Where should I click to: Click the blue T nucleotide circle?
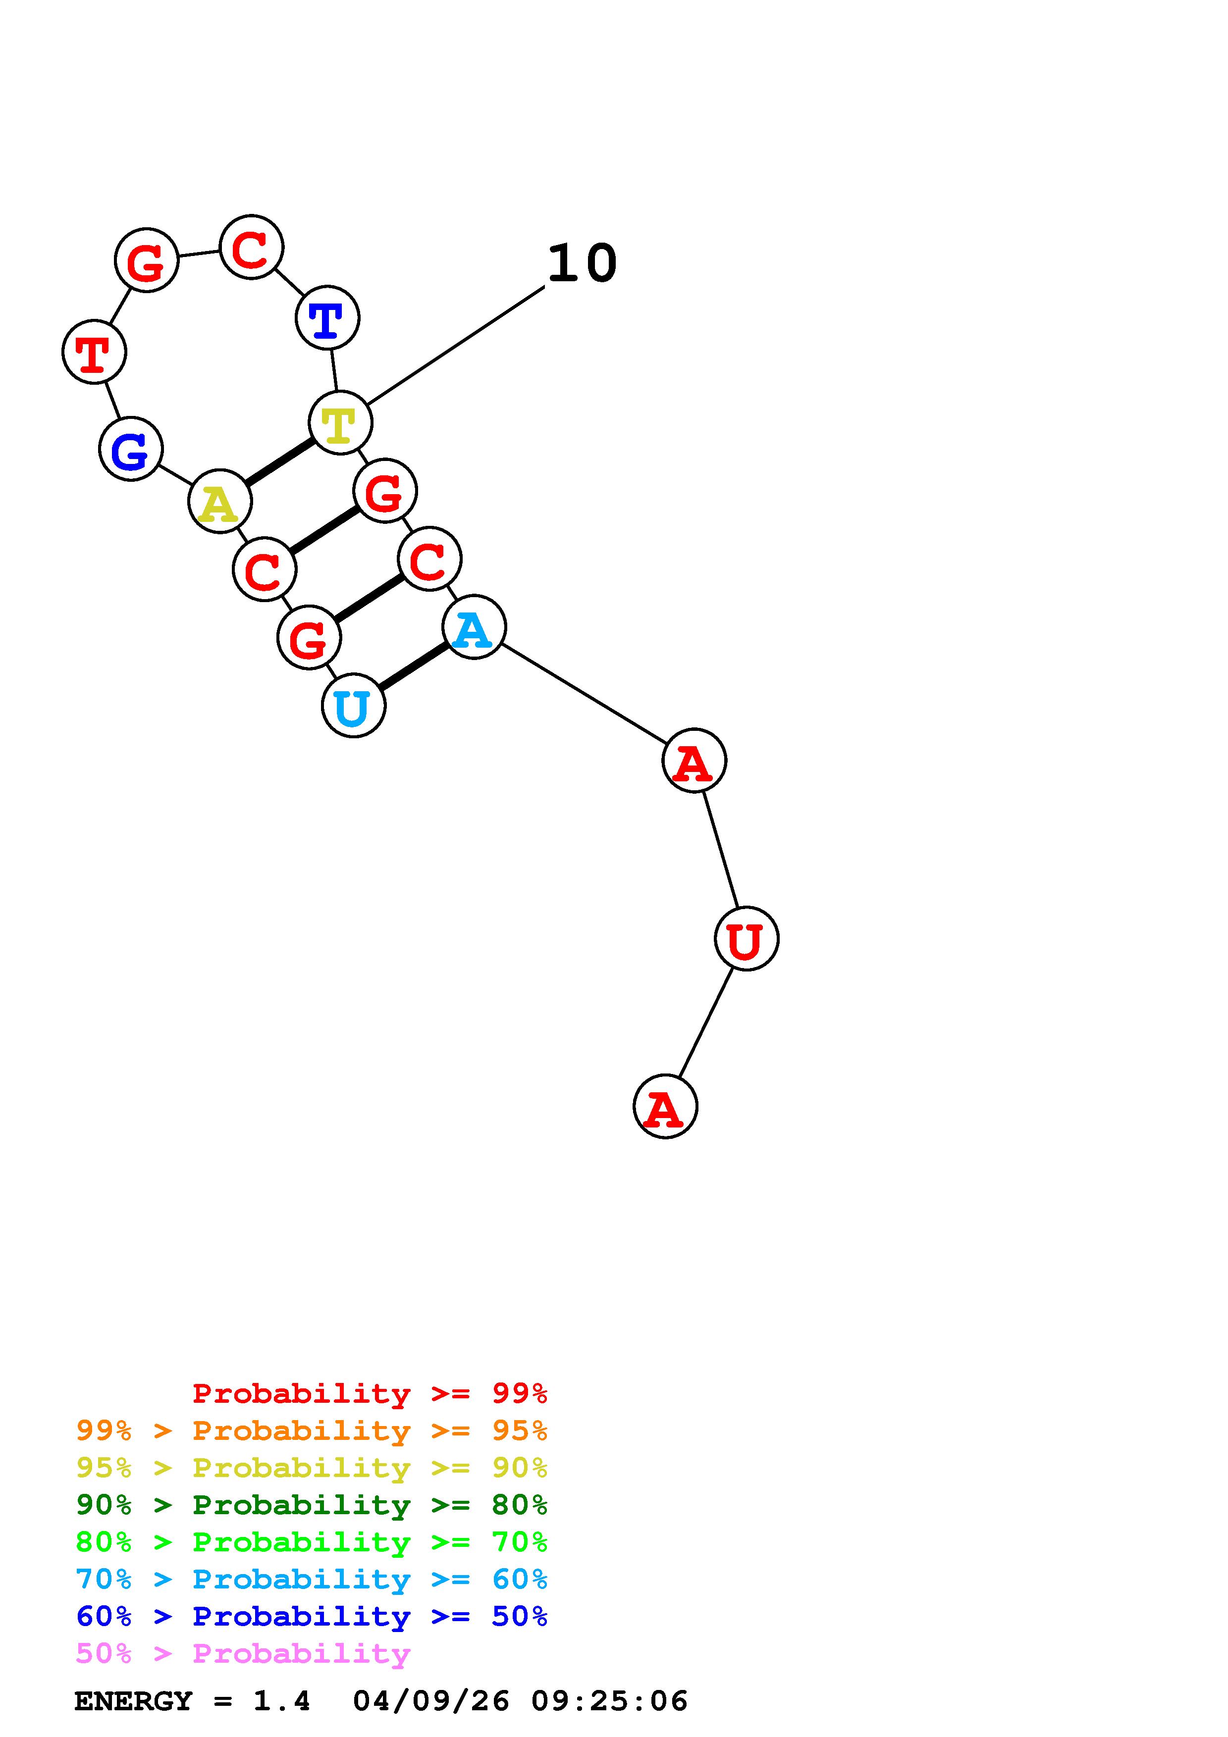coord(327,318)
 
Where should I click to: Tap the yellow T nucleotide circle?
coord(340,422)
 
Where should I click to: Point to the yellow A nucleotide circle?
coord(219,502)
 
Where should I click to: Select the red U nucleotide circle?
coord(746,938)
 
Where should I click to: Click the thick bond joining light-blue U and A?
coord(414,666)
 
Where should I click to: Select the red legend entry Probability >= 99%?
coord(369,1393)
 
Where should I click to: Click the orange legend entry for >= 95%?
coord(311,1430)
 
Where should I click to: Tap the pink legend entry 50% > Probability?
coord(243,1653)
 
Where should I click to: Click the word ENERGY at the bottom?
coord(133,1701)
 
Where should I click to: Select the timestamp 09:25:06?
coord(609,1701)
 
